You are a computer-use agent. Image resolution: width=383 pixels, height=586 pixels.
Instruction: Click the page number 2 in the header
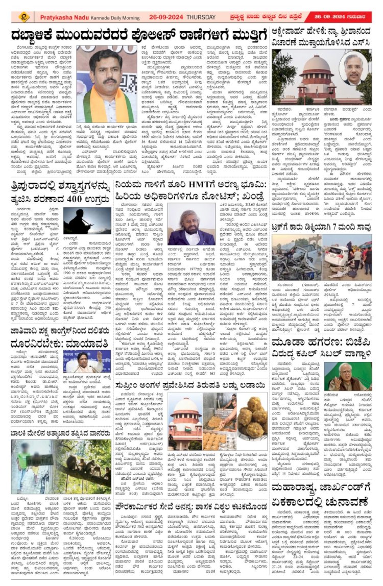coord(24,16)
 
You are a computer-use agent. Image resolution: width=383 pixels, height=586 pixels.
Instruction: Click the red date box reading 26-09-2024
coord(342,16)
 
